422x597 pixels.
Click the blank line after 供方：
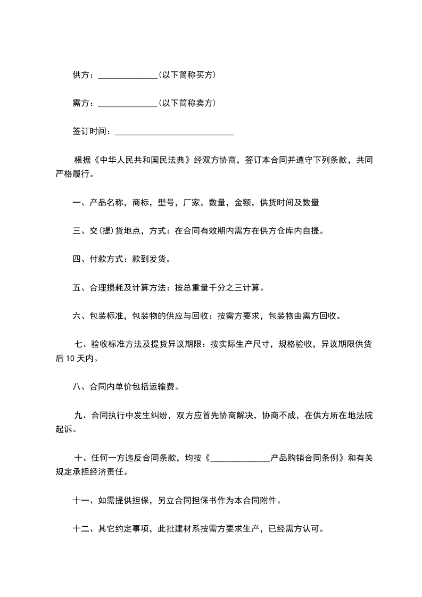pos(128,76)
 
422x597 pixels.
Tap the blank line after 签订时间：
pos(174,131)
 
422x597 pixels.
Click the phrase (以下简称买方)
pos(187,76)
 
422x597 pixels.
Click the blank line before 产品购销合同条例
pos(241,458)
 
